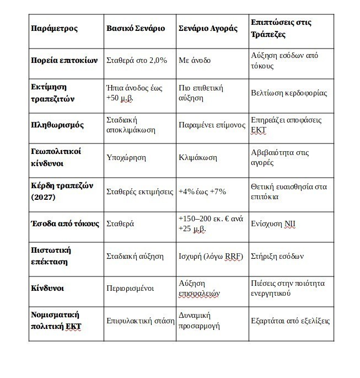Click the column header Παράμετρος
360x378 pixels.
pos(54,28)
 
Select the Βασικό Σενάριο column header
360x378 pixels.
pos(135,28)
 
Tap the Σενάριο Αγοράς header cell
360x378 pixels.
pos(207,28)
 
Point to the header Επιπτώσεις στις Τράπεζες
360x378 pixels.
pos(281,28)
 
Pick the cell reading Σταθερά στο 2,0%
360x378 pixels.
pos(136,60)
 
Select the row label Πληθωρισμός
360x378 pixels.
pos(57,125)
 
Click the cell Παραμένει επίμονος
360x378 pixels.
pos(212,125)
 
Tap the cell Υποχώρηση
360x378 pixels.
pos(126,157)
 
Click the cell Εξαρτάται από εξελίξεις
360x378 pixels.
pos(290,321)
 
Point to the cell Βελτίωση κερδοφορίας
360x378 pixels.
pos(288,92)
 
